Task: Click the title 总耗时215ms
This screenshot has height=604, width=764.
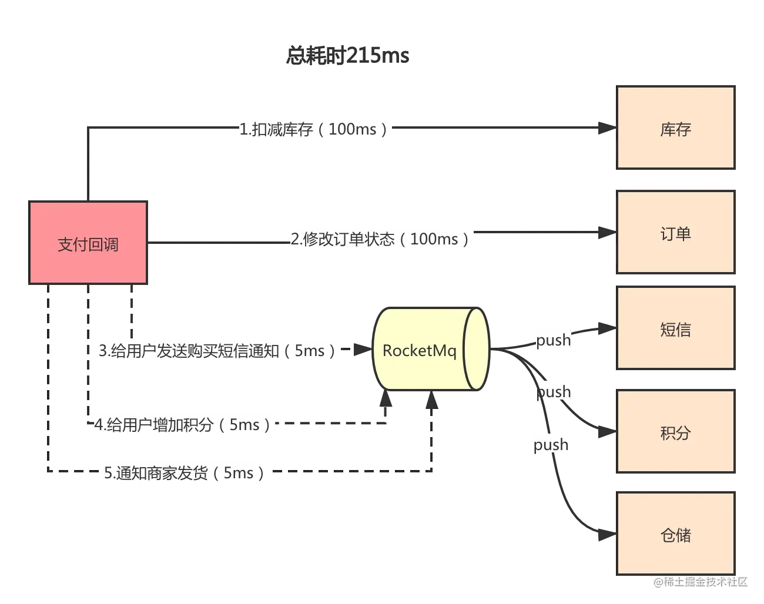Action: pos(347,56)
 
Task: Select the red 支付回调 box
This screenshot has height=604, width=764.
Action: pos(88,243)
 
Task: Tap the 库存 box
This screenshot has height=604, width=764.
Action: pos(676,127)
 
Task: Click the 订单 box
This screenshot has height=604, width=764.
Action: pos(676,232)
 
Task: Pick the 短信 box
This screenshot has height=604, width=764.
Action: pos(676,328)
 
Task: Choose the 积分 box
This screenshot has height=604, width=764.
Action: pos(676,431)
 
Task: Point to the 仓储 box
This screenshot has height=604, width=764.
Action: pos(676,533)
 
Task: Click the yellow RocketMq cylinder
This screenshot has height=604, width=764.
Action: pos(431,349)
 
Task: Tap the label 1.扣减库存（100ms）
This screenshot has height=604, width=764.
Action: pos(314,129)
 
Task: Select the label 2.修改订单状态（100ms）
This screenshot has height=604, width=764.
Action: pos(380,239)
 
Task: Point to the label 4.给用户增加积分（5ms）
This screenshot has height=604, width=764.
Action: pos(183,425)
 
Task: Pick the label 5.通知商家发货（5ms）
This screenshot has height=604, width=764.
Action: pos(185,473)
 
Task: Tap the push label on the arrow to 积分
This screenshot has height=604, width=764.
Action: pos(554,392)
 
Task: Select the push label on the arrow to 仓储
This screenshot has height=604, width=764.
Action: pos(551,445)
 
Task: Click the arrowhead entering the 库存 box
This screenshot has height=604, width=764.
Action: pos(607,127)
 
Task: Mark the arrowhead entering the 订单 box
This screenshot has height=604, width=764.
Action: pos(607,233)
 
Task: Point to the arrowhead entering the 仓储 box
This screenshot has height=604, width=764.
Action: pos(607,535)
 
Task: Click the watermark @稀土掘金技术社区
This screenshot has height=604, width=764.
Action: pos(701,582)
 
